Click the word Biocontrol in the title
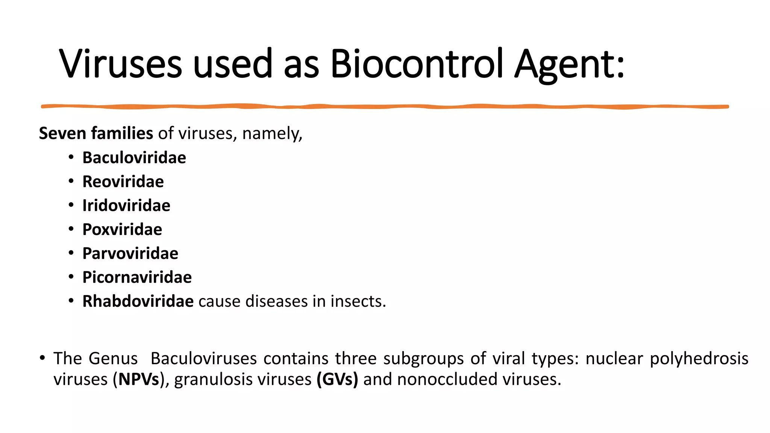[416, 64]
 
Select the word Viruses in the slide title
[120, 64]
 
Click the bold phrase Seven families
[96, 133]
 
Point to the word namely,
[272, 134]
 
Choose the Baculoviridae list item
[134, 157]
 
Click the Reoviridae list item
[123, 182]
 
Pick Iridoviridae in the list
[126, 206]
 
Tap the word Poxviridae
[122, 229]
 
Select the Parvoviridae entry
[130, 253]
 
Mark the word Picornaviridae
[137, 277]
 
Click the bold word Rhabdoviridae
[138, 301]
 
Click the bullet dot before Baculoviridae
[71, 157]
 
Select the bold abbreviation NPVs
[139, 379]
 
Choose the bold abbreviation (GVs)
[337, 379]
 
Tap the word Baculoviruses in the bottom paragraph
[203, 358]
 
